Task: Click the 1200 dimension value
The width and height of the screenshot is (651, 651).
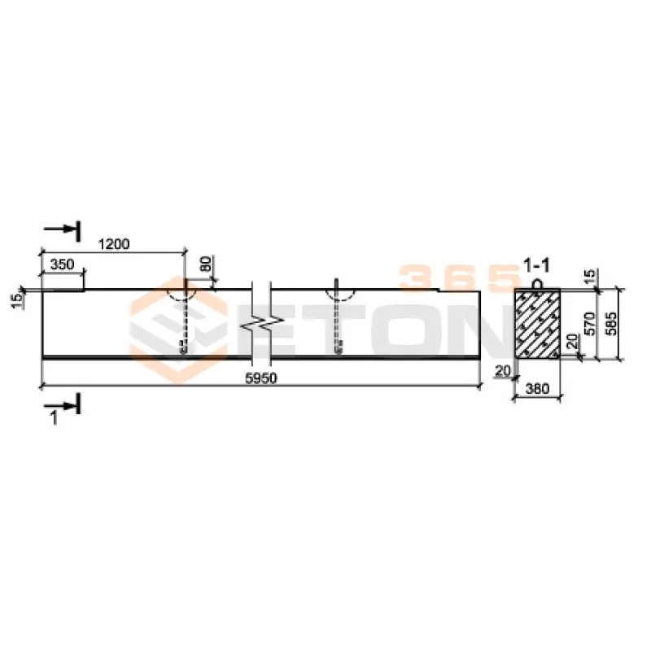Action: tap(114, 243)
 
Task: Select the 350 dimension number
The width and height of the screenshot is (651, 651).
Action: tap(62, 264)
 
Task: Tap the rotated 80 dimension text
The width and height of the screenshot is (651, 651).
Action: tap(207, 264)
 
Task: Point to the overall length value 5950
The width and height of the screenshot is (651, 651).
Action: tap(261, 378)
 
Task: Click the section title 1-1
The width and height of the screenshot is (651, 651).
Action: tap(536, 265)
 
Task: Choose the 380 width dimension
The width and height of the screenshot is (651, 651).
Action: tap(537, 389)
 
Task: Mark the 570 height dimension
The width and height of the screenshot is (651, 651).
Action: tap(589, 324)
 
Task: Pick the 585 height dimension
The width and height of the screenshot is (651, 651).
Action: tap(611, 324)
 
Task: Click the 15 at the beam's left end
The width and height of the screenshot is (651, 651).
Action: tap(17, 300)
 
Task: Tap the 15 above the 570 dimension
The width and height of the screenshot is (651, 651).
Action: tap(589, 275)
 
